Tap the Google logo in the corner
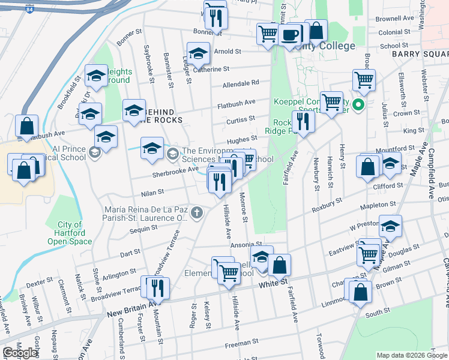click(x=20, y=353)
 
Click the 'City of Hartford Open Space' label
click(x=70, y=233)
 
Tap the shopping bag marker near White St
click(x=280, y=265)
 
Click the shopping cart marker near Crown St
click(x=331, y=102)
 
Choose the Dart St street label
click(x=130, y=254)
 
